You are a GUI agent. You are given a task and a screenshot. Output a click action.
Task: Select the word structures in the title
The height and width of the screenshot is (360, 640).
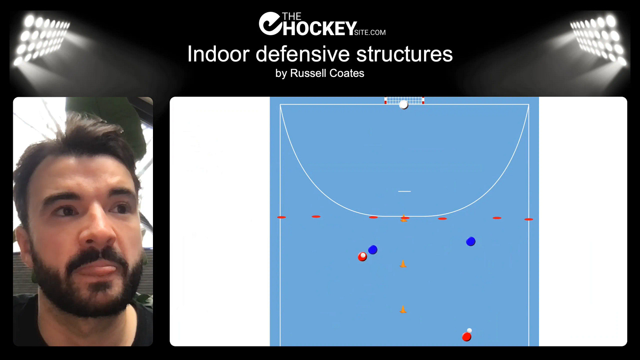[x=404, y=55]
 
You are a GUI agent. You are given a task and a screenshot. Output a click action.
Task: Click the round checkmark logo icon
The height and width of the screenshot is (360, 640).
[x=269, y=23]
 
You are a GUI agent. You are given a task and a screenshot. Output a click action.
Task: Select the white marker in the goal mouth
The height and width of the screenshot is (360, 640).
[x=404, y=105]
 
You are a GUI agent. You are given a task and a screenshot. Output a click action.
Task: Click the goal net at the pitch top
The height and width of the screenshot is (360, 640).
[x=404, y=100]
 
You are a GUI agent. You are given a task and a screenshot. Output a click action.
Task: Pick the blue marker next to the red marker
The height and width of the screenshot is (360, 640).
[x=373, y=250]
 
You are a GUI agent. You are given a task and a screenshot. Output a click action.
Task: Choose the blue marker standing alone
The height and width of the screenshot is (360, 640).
[x=471, y=241]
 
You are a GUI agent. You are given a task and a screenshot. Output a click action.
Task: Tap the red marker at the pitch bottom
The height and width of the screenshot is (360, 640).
[x=467, y=337]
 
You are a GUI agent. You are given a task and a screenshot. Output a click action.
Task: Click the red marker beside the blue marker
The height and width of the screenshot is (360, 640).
[x=362, y=257]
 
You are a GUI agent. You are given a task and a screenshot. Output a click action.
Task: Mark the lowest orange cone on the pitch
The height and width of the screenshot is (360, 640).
[x=403, y=309]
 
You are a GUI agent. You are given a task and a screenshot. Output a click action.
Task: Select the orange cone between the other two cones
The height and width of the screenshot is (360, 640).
[x=403, y=264]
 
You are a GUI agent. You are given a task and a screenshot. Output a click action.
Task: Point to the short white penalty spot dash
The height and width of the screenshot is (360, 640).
[x=404, y=191]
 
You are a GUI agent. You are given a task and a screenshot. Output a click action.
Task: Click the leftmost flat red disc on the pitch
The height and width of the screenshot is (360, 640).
[x=281, y=217]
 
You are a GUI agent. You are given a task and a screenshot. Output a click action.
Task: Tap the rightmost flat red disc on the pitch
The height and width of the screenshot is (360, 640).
[x=529, y=219]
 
